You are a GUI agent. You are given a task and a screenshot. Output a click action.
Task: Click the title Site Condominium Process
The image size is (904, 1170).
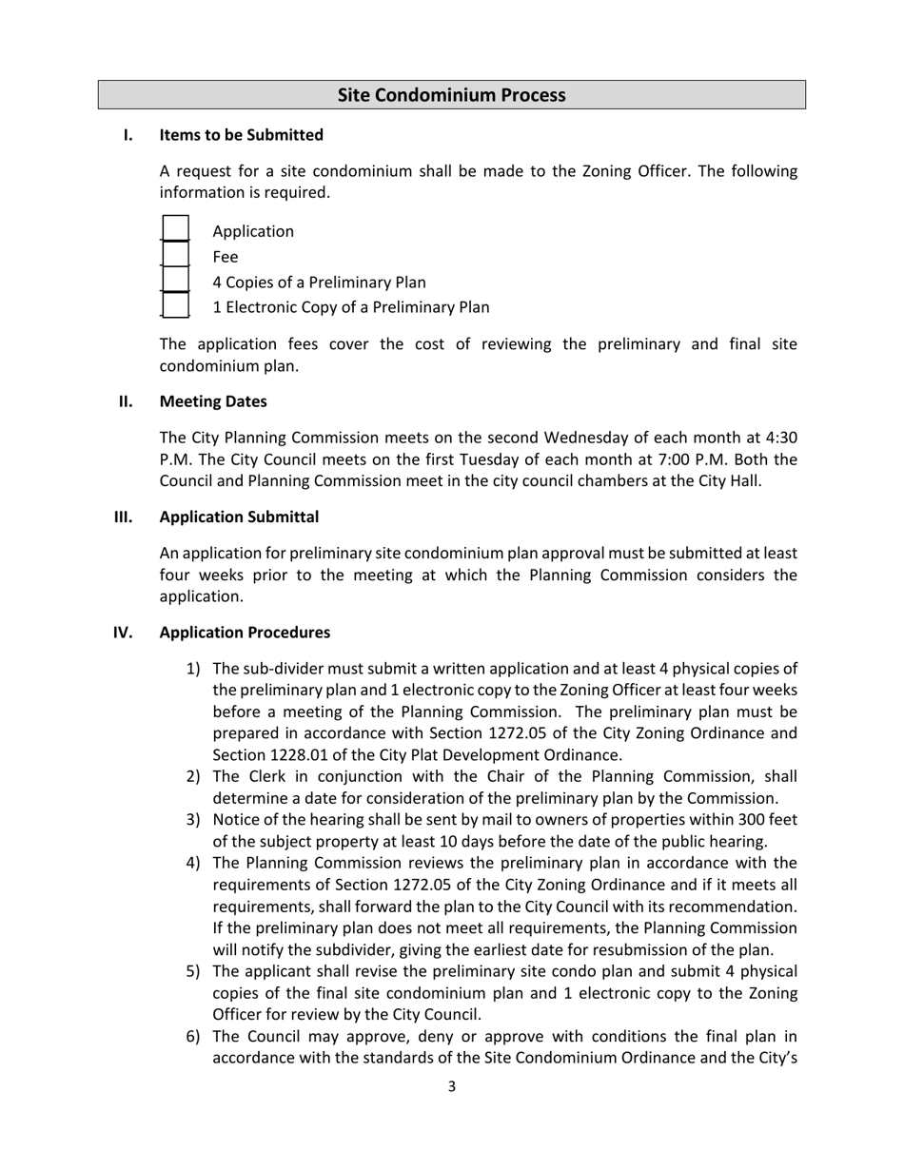451,95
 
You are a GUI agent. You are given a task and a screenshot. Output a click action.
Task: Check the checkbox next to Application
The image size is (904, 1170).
175,229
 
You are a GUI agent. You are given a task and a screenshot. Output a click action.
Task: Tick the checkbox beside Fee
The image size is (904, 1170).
175,255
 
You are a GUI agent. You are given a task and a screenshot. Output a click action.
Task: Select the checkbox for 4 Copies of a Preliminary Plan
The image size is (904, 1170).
175,281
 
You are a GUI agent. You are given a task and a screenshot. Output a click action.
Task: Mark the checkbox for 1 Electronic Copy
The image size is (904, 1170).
175,305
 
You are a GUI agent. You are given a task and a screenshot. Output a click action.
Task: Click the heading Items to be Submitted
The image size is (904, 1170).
241,135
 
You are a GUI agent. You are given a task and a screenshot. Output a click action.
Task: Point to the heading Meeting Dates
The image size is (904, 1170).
213,401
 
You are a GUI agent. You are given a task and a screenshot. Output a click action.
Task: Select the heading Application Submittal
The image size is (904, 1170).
239,517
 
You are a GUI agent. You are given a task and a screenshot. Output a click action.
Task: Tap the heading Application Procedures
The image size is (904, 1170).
245,633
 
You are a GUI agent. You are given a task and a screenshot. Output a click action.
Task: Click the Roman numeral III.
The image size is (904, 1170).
123,517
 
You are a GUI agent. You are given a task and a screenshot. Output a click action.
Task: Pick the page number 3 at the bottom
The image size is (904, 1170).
451,1086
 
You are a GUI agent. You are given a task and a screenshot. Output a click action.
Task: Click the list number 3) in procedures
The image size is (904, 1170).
193,820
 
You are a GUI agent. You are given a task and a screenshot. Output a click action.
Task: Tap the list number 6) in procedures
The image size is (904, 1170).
193,1037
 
